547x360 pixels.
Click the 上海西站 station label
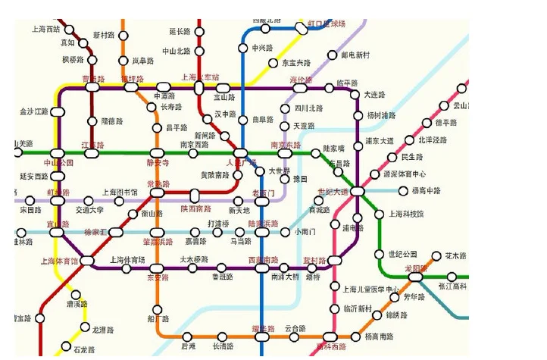[x=47, y=30]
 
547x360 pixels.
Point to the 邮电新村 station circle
[x=332, y=55]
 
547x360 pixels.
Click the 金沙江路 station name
[x=33, y=112]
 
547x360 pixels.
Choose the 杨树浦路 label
[x=381, y=115]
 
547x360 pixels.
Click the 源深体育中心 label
[x=405, y=174]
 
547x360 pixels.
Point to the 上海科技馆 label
[x=406, y=214]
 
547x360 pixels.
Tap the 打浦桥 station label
[x=218, y=224]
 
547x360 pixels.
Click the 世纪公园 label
[x=402, y=254]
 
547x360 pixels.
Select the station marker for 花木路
[x=436, y=256]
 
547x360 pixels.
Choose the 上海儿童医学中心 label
[x=371, y=290]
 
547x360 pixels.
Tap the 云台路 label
[x=295, y=328]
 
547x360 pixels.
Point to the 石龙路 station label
[x=84, y=349]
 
